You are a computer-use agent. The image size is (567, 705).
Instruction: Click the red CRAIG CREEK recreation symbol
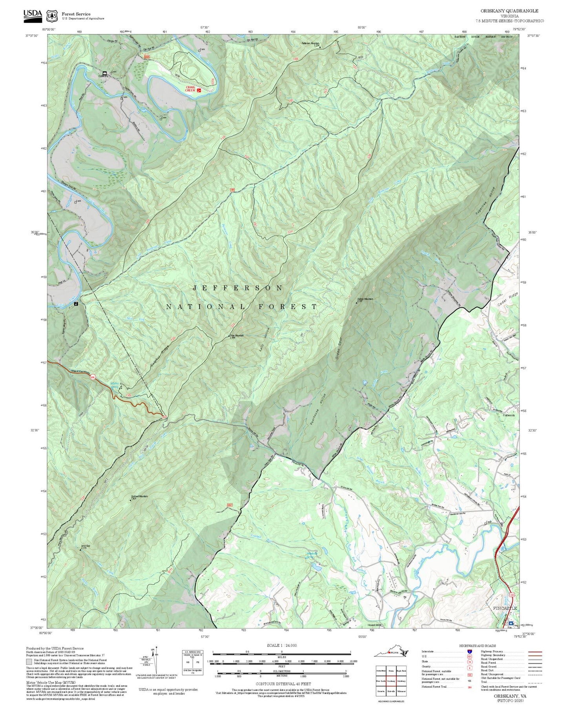click(199, 90)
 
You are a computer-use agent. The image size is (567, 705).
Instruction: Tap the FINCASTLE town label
click(505, 608)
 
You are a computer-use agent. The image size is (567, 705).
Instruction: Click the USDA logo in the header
click(33, 15)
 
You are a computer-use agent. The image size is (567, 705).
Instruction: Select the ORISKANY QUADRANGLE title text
click(509, 11)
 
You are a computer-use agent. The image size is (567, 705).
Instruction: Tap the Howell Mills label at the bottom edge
click(374, 624)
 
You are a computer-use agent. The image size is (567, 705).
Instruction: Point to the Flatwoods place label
click(509, 415)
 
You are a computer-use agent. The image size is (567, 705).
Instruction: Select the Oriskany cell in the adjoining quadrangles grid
click(391, 681)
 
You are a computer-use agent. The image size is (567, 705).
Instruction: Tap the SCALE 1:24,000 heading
click(281, 645)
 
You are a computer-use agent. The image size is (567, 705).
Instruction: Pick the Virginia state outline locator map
click(391, 653)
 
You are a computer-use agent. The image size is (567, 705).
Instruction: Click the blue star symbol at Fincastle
click(510, 623)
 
